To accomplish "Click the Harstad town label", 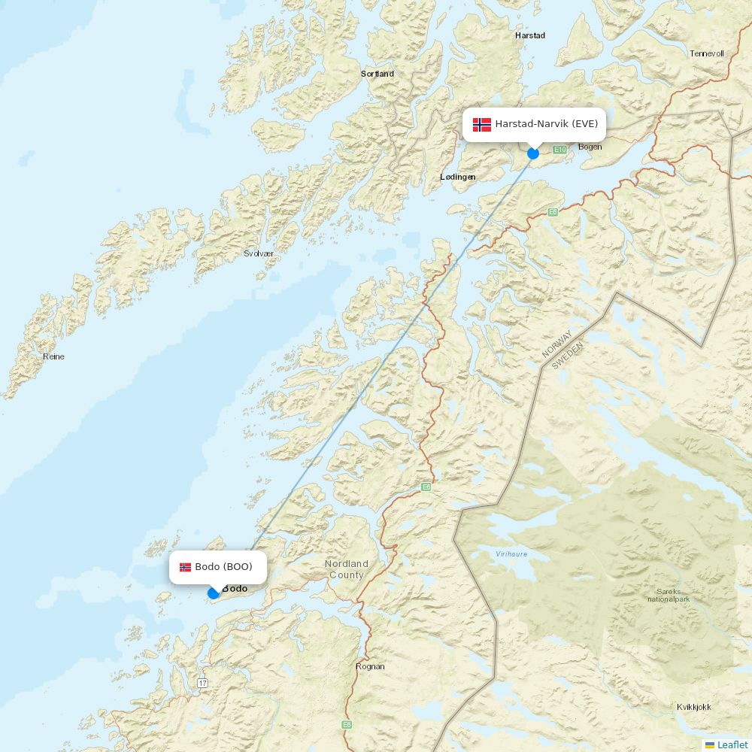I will coord(529,35).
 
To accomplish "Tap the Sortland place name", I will coord(377,74).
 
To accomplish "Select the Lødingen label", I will coord(457,177).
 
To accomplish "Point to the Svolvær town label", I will coord(259,254).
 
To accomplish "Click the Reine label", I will coord(53,356).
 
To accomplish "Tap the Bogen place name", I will coord(590,147).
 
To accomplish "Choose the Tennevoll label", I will coord(706,53).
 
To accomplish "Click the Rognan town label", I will coord(369,666).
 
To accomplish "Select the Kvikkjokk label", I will coord(693,707).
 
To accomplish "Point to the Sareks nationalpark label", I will coord(668,595).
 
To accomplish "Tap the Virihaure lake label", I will coord(511,554).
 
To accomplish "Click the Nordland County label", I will coord(346,569).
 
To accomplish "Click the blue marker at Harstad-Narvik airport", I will coord(533,153).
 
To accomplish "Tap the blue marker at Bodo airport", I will coord(214,593).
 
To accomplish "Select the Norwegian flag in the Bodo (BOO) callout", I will coord(185,567).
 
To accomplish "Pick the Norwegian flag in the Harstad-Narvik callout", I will coord(481,124).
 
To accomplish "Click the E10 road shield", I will coord(559,150).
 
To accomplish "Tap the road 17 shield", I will coord(202,683).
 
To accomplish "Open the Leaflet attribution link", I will coord(732,744).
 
